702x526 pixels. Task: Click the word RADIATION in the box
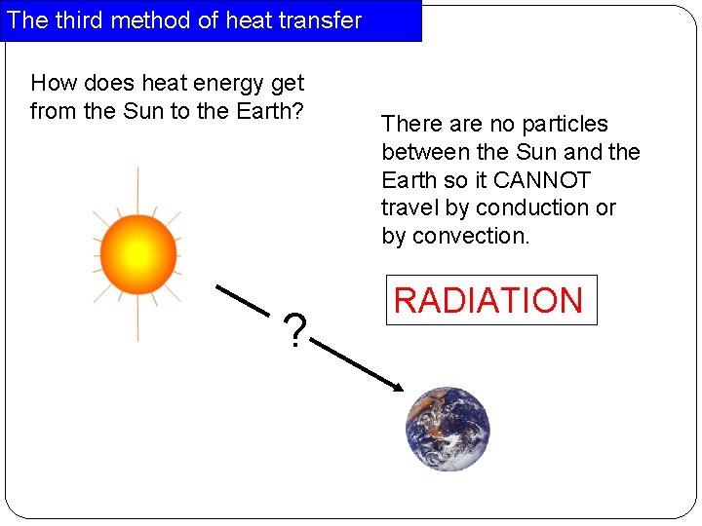488,300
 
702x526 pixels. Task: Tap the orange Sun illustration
137,254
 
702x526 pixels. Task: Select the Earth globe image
448,430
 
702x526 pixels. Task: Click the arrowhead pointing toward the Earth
395,388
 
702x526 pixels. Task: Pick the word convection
471,236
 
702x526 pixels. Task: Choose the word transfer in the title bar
320,20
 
